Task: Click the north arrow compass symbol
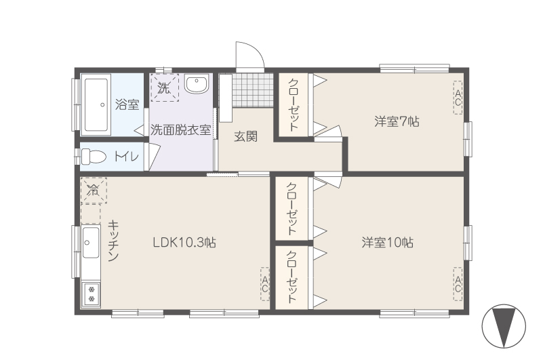504,326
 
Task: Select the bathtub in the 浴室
96,104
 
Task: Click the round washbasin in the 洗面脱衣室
197,83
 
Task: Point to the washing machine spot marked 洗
165,87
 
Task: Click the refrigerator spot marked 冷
94,191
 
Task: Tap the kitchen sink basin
91,242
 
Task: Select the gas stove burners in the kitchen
92,294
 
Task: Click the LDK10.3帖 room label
184,242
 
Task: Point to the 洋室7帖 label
397,121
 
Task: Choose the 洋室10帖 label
388,242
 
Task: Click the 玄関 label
246,136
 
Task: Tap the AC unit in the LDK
265,284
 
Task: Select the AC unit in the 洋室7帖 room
458,98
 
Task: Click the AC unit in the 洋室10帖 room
458,284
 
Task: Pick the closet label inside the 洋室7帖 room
294,104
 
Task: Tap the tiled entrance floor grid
253,90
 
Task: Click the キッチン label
113,241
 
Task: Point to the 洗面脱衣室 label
180,130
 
